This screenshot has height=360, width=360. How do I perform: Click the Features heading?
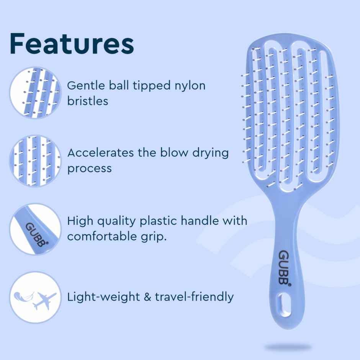pyautogui.click(x=72, y=44)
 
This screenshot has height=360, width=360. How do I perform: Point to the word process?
pyautogui.click(x=89, y=169)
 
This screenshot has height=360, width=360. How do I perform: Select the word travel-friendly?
pyautogui.click(x=194, y=297)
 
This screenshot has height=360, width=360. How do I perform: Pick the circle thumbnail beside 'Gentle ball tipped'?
pyautogui.click(x=35, y=93)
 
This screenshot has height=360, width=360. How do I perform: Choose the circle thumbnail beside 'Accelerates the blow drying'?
pyautogui.click(x=35, y=160)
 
